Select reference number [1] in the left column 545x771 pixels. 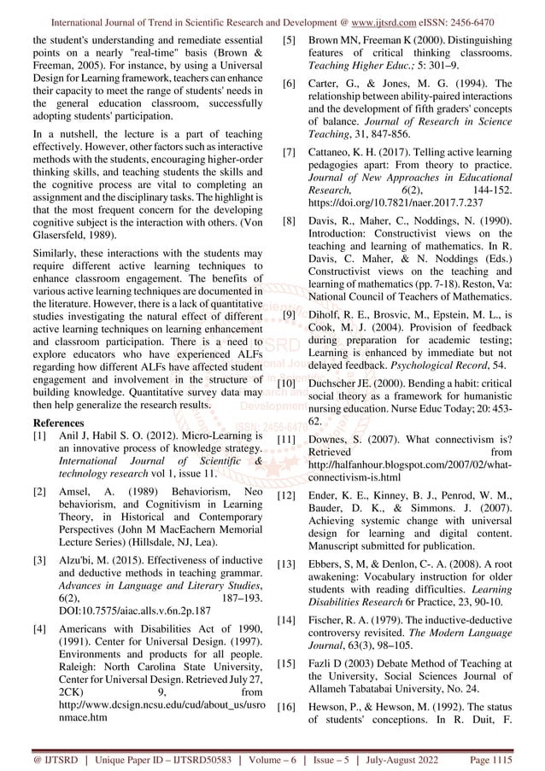pyautogui.click(x=39, y=435)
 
